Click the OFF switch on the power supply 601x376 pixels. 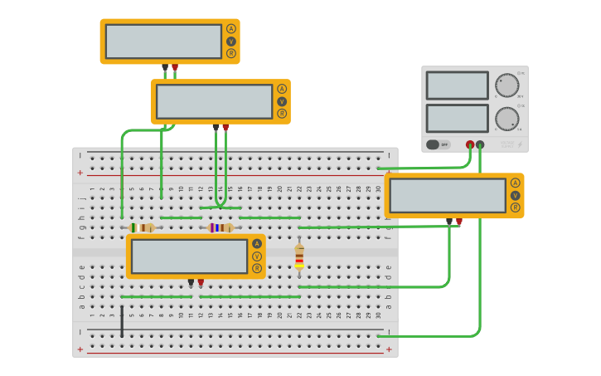[439, 144]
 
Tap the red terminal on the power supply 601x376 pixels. [470, 144]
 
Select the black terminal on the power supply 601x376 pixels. [480, 144]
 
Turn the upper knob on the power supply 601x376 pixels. [506, 85]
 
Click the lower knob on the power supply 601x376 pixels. [506, 119]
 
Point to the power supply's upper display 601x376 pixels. [457, 85]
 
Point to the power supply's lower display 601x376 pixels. [457, 118]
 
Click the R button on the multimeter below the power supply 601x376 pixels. [516, 208]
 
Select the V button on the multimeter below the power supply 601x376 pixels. [516, 196]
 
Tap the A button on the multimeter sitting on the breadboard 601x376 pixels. [257, 244]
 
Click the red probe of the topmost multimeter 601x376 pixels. [175, 68]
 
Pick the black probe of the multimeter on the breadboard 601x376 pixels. [191, 282]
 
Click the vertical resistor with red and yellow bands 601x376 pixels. [299, 256]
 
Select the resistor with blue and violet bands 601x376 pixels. [220, 227]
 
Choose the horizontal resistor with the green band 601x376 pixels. [141, 227]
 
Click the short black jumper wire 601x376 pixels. [122, 321]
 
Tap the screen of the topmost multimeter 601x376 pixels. [163, 42]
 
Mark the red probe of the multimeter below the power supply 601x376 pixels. [459, 222]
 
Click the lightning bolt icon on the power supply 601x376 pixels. [520, 144]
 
